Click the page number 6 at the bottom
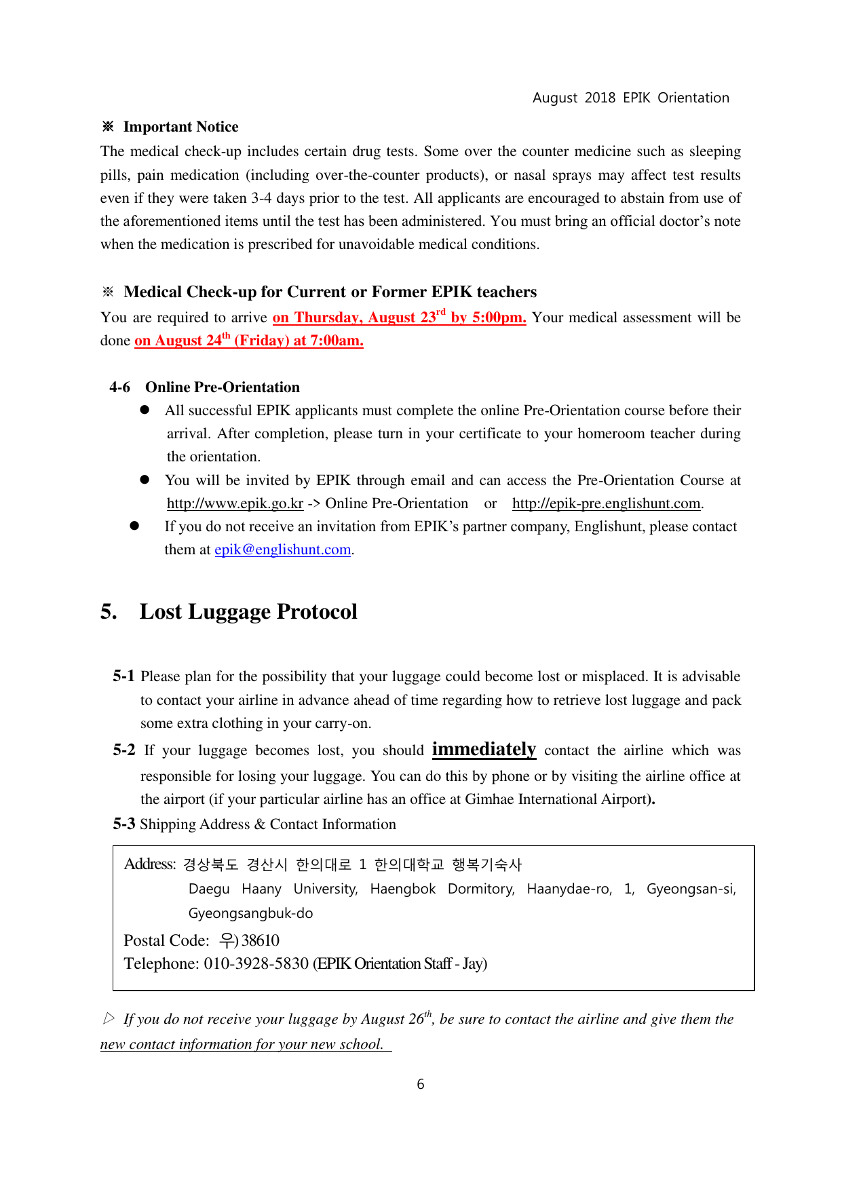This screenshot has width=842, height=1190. [421, 1084]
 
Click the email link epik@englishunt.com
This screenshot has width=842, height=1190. [282, 550]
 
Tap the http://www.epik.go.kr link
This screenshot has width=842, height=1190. [235, 503]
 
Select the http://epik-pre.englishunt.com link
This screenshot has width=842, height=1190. [606, 503]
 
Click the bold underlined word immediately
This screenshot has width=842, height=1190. [484, 749]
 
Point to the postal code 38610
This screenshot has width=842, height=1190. [261, 940]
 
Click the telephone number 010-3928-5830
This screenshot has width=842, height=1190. [256, 963]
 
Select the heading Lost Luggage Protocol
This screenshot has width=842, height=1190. [248, 611]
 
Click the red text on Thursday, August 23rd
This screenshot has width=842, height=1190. [359, 318]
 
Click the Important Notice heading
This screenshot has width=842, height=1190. [180, 127]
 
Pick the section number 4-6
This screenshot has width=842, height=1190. [119, 387]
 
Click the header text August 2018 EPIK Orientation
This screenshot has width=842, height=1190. [630, 98]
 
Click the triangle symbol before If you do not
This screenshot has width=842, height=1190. [109, 1018]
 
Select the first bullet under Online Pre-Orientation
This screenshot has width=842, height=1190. [145, 410]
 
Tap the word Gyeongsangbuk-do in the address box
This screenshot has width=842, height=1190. [250, 913]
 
